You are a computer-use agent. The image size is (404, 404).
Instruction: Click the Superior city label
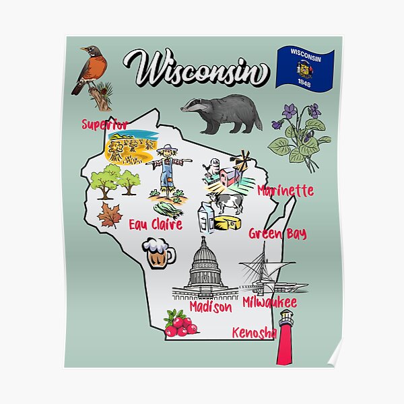pos(104,125)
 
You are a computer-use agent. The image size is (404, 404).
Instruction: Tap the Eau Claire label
pos(156,224)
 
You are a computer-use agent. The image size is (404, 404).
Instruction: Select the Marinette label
pos(285,191)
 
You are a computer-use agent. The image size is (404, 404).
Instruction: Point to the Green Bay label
pos(277,234)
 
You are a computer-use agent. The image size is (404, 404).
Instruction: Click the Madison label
pos(210,306)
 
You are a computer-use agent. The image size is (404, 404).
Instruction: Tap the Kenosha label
pos(254,333)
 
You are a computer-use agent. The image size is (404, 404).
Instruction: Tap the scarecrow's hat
pos(166,150)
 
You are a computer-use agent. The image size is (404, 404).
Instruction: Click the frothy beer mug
pos(158,252)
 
